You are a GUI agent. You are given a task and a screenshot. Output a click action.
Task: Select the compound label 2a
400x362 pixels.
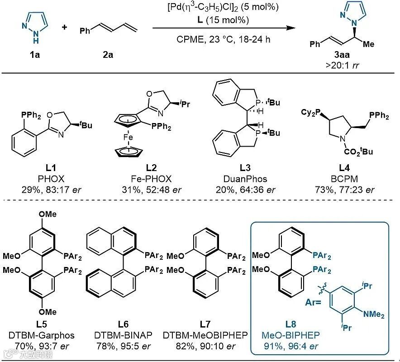coord(108,55)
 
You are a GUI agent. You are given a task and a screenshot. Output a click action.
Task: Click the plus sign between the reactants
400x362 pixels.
coord(64,27)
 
